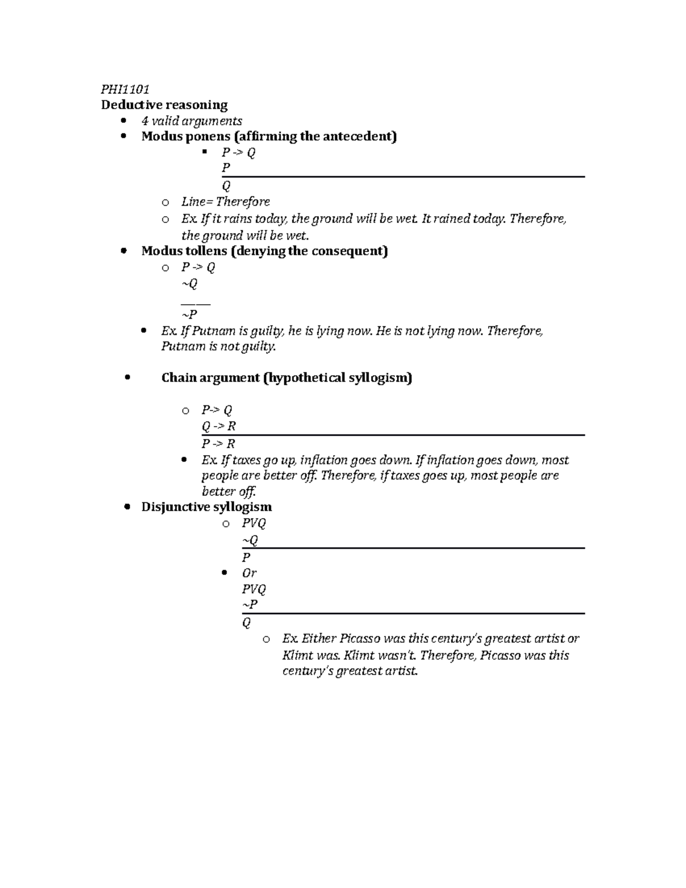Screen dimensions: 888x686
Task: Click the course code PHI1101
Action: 125,89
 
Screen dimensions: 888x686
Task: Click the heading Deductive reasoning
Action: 164,105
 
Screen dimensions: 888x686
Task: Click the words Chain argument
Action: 210,377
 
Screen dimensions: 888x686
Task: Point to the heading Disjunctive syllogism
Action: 206,507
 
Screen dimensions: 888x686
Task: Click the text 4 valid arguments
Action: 192,121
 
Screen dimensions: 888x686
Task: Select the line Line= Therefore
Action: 225,201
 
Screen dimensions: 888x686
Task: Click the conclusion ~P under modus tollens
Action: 189,314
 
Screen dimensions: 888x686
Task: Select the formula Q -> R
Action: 218,426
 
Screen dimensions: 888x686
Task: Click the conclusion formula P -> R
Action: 218,443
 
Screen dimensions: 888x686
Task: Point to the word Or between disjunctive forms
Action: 249,573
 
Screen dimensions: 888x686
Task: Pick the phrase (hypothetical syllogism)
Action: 337,377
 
